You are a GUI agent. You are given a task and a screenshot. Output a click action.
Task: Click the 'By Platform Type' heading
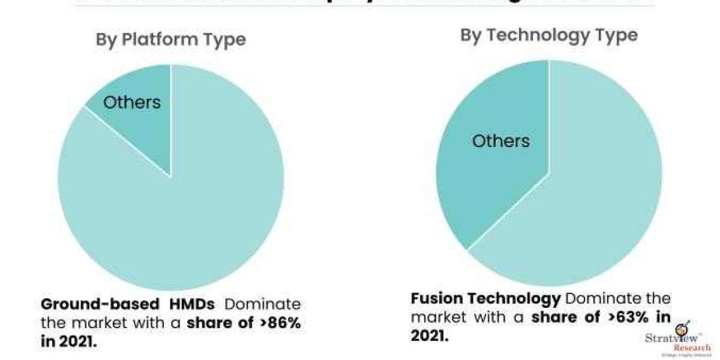pyautogui.click(x=171, y=40)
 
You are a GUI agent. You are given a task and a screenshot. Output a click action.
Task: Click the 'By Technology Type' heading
pyautogui.click(x=548, y=35)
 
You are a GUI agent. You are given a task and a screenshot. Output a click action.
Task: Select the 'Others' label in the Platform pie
pyautogui.click(x=132, y=102)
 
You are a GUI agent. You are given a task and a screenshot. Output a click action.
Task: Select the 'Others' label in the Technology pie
pyautogui.click(x=500, y=141)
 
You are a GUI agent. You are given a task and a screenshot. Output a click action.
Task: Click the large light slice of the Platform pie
pyautogui.click(x=180, y=222)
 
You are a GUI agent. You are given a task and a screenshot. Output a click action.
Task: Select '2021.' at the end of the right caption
pyautogui.click(x=430, y=335)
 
